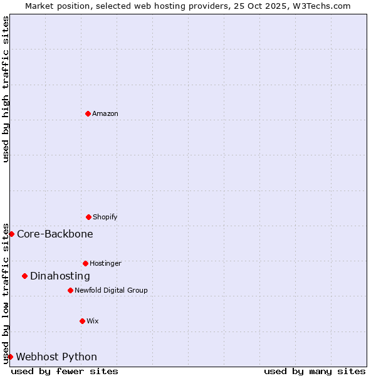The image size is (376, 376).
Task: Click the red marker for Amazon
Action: click(x=88, y=113)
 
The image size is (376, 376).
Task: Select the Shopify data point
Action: click(x=88, y=217)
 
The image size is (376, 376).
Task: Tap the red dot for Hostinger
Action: click(x=85, y=263)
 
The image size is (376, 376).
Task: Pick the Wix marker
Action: click(x=82, y=321)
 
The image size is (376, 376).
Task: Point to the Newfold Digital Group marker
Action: click(x=70, y=290)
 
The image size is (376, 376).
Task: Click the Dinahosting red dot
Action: click(x=24, y=276)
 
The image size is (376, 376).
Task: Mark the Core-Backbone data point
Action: click(x=11, y=234)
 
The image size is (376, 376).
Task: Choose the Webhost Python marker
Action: click(x=10, y=357)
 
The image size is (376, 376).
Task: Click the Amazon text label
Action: click(x=105, y=113)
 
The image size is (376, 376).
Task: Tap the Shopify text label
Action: click(x=105, y=217)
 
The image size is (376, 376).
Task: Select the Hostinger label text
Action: click(x=105, y=263)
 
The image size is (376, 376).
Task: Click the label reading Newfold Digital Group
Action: click(x=111, y=290)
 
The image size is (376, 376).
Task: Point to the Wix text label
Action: click(x=93, y=321)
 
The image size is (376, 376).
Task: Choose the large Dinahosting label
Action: click(x=60, y=276)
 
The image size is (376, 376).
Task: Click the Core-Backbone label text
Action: click(x=55, y=234)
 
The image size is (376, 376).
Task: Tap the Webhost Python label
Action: click(x=56, y=357)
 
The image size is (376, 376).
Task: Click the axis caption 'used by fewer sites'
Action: click(x=65, y=371)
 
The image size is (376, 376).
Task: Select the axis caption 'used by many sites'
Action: click(x=315, y=371)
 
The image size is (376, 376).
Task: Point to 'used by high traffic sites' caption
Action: click(x=6, y=89)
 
